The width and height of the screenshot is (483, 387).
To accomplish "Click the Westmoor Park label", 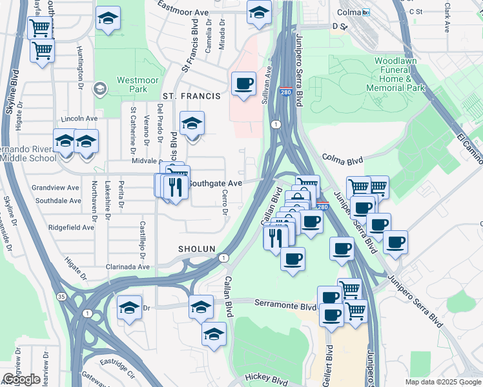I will (x=132, y=85).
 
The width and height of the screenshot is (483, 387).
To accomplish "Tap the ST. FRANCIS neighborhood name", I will (x=191, y=96).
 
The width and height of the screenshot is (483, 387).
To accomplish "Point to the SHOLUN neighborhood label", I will (x=198, y=249).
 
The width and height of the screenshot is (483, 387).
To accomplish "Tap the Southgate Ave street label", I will (x=214, y=183).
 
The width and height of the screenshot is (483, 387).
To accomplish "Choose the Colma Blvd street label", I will (x=342, y=158).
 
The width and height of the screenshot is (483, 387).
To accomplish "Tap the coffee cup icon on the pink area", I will (x=243, y=84).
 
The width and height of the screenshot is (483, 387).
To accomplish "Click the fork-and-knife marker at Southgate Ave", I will (x=175, y=187).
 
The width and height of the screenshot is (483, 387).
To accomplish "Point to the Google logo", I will (x=21, y=379).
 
